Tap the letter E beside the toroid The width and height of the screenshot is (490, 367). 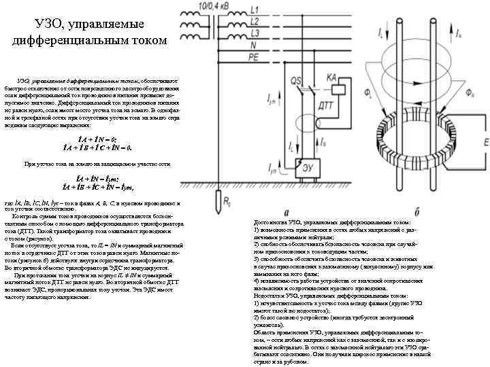(485, 141)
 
